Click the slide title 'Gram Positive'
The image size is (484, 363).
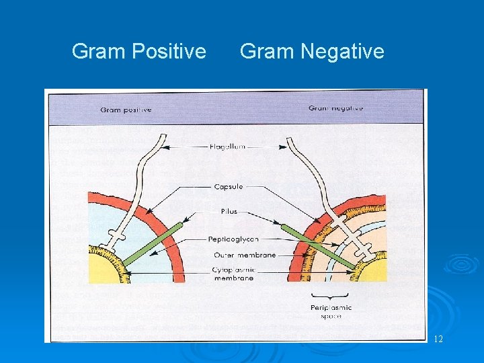point(138,51)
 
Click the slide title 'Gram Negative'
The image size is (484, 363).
point(312,51)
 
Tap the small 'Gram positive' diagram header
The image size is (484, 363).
point(126,110)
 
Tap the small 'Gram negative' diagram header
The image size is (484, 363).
point(335,108)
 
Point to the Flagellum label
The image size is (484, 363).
point(227,146)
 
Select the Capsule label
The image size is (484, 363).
point(228,186)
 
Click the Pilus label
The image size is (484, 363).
point(229,211)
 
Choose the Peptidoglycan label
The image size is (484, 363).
point(233,239)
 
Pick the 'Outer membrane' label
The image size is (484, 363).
point(245,255)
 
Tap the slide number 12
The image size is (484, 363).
point(438,339)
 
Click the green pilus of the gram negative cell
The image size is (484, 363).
point(316,245)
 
